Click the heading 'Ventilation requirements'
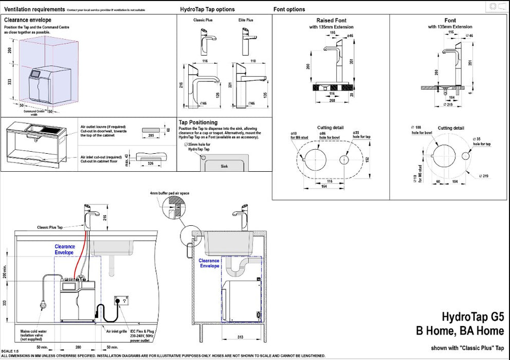click(34, 9)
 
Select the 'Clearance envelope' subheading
click(28, 20)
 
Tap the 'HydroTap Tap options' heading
click(208, 9)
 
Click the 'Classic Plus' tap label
click(203, 20)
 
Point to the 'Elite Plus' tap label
click(246, 20)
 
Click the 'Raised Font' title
click(331, 21)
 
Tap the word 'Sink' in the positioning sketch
click(224, 167)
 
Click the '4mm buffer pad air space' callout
click(170, 193)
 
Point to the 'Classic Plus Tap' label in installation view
click(49, 227)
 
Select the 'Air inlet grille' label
click(116, 332)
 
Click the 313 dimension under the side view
click(241, 337)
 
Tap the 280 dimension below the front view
click(78, 348)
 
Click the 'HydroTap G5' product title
click(473, 316)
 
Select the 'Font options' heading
click(289, 9)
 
